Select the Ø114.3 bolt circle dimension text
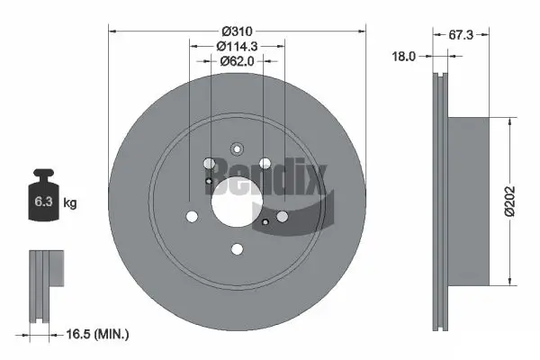click(x=238, y=45)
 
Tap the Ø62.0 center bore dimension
click(x=238, y=61)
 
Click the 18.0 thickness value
click(x=406, y=57)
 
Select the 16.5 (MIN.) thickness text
click(x=99, y=334)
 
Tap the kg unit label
click(x=70, y=203)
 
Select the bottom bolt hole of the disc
click(x=238, y=250)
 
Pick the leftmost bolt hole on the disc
click(x=192, y=217)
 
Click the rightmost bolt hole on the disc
click(x=283, y=217)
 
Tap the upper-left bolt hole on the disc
click(x=210, y=164)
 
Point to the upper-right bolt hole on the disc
click(x=265, y=164)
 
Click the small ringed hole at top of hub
click(x=238, y=149)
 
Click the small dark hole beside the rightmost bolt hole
click(x=267, y=221)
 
